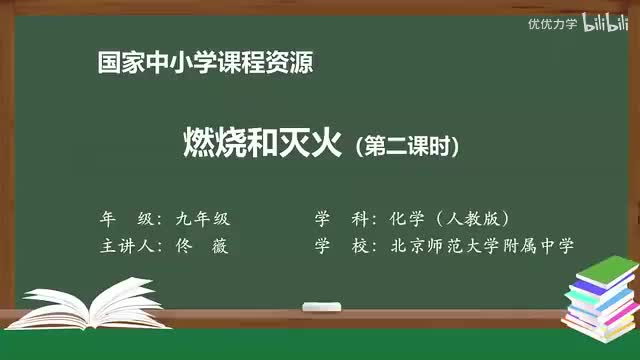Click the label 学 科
tap(339, 219)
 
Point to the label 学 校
tap(339, 246)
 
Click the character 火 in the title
tap(326, 146)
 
